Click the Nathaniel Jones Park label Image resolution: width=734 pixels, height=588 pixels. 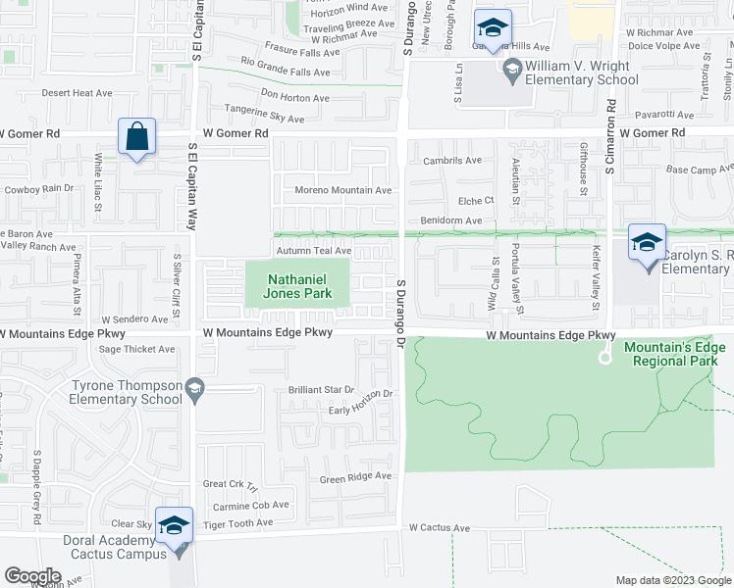299,285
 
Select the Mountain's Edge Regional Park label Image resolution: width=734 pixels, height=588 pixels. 669,354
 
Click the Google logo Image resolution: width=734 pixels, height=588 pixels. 32,576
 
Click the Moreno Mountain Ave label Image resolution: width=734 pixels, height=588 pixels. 343,190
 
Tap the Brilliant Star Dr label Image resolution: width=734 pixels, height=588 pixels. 321,390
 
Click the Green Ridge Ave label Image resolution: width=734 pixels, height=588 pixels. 355,477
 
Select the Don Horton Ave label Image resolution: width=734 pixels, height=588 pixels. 294,98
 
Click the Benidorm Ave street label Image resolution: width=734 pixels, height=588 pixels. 451,220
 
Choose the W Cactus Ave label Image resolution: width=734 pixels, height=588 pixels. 440,527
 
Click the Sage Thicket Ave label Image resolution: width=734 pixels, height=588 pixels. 136,349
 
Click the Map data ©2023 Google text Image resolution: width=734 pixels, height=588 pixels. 672,580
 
